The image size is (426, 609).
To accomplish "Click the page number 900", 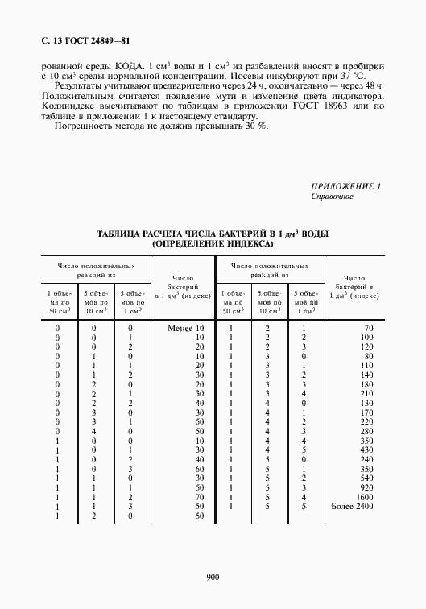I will point(213,576).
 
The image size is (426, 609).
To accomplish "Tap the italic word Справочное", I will point(332,197).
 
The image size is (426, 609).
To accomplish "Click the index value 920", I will point(366,488).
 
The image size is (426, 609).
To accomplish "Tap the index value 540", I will point(366,476).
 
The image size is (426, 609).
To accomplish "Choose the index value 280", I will point(366,432).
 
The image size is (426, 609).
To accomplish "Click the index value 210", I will point(366,394).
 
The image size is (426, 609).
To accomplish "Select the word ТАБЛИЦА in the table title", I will point(123,233).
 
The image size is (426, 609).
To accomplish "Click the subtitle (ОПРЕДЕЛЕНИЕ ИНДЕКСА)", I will point(213,243).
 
